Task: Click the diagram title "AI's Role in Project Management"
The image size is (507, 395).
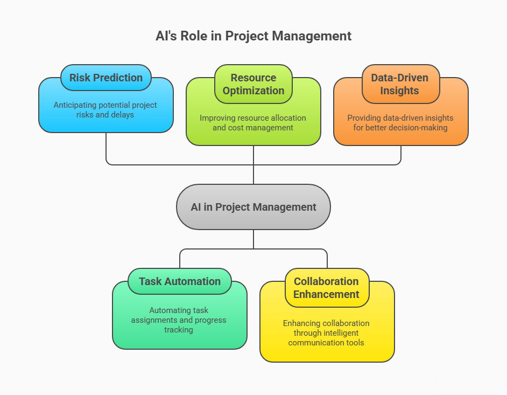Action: (x=253, y=36)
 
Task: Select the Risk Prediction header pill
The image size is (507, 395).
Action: (x=106, y=78)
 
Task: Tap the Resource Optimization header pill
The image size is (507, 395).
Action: (x=253, y=84)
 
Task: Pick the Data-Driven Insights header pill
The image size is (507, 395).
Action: (x=400, y=84)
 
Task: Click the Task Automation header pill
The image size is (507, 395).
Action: (x=180, y=281)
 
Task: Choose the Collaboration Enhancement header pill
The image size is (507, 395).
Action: (x=327, y=288)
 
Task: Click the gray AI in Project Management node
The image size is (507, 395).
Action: (x=253, y=207)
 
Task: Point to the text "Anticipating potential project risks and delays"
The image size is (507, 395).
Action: (x=105, y=109)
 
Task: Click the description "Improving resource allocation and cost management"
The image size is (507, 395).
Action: (x=253, y=123)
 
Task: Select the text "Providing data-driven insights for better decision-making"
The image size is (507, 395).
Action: (x=400, y=123)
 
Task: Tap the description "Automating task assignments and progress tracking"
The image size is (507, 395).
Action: (x=179, y=320)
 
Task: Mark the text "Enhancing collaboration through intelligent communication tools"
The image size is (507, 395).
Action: (x=326, y=332)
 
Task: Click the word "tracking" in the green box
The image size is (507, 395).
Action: (x=179, y=329)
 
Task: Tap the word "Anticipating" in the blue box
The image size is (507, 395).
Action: (x=75, y=105)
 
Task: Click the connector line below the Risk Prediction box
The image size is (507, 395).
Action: (x=106, y=148)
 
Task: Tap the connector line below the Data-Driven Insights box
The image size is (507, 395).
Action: (x=401, y=155)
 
